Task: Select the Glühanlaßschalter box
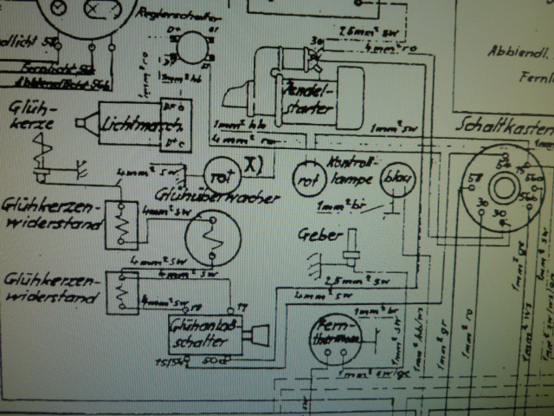pos(201,335)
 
